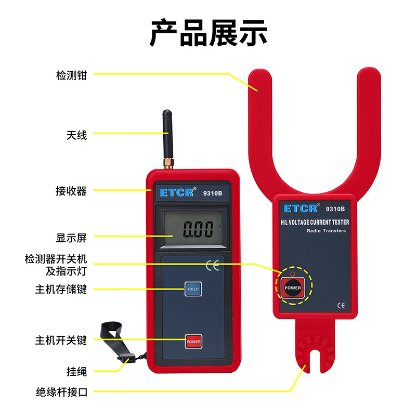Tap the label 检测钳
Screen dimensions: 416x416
point(71,75)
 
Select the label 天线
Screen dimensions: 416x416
point(76,135)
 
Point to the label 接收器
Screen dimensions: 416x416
point(71,191)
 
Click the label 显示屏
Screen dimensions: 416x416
point(71,238)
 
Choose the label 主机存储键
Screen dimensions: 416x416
point(61,289)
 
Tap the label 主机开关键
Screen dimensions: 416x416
point(61,341)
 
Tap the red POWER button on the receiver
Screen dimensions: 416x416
point(193,342)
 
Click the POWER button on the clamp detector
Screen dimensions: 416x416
point(292,288)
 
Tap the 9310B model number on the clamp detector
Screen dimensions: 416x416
point(335,209)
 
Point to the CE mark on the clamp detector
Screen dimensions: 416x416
point(341,306)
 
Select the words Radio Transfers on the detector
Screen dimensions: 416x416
point(326,230)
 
